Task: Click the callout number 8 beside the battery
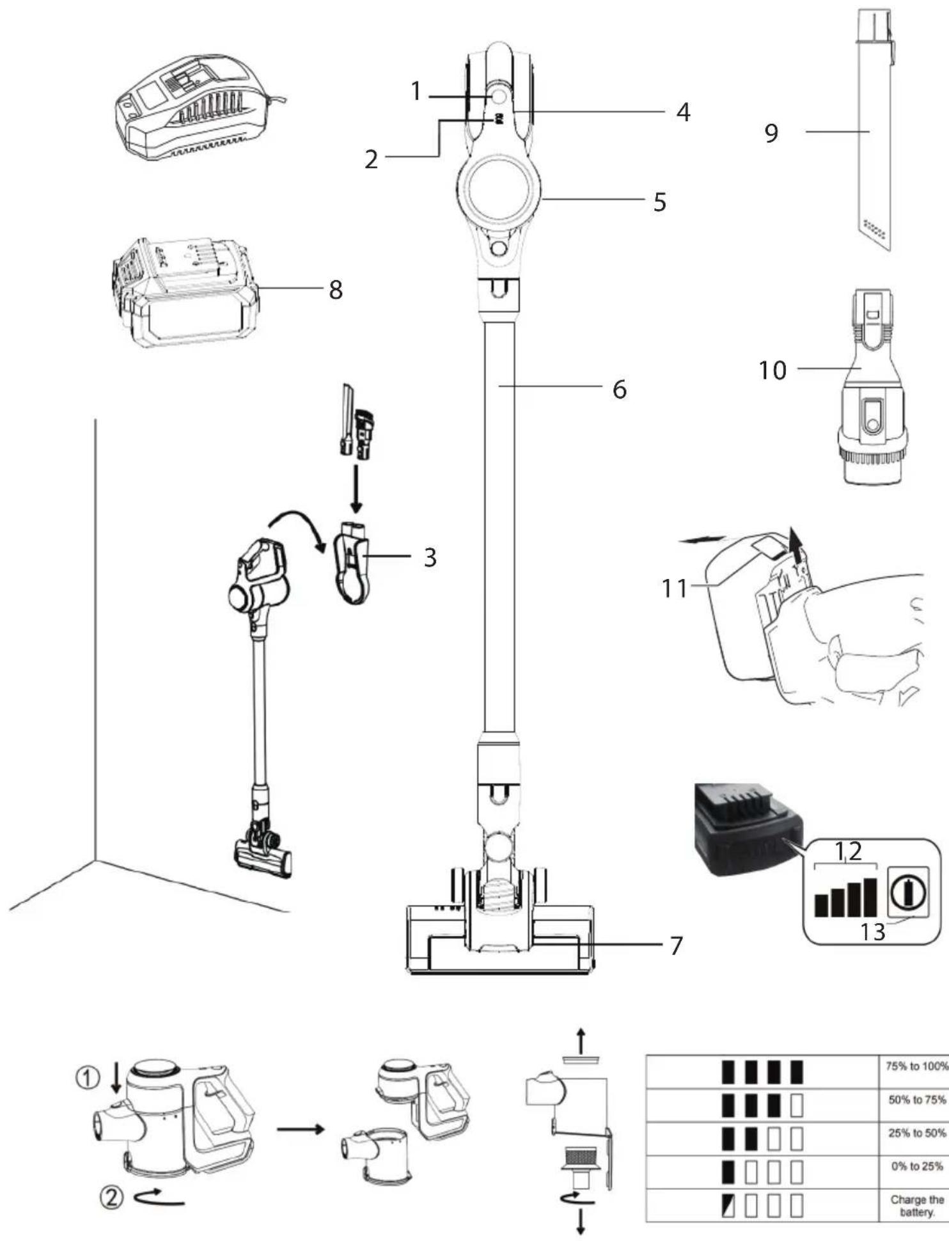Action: (336, 290)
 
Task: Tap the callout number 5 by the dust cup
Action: (660, 202)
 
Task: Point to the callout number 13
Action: (872, 932)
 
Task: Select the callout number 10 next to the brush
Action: (773, 370)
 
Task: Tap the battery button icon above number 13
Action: (908, 890)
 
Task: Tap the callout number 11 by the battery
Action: (674, 588)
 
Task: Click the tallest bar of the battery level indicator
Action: (870, 897)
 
